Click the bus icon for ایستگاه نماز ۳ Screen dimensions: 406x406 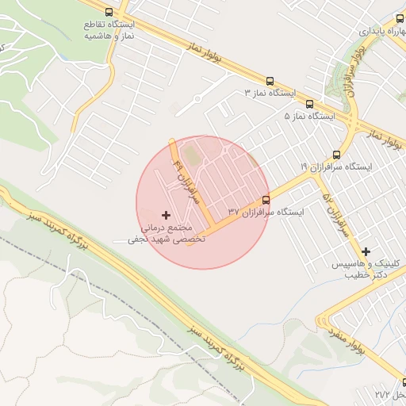point(270,81)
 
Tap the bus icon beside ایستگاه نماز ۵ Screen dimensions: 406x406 point(309,104)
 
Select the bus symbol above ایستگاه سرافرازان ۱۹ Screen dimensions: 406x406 point(336,155)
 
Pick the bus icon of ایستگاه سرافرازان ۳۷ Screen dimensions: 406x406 point(265,200)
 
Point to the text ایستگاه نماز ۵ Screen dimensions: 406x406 point(310,116)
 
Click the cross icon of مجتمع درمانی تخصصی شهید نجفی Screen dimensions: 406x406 point(166,215)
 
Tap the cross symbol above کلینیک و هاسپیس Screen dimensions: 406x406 point(366,251)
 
